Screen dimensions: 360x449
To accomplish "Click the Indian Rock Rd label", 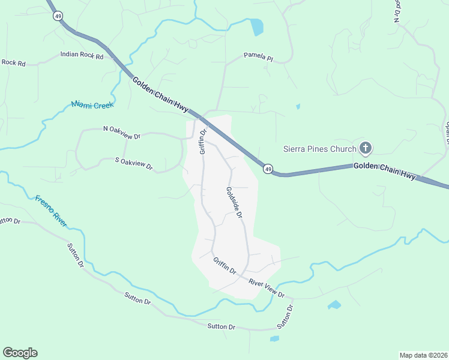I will pyautogui.click(x=82, y=55).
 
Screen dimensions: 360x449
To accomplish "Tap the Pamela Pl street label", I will pyautogui.click(x=258, y=58).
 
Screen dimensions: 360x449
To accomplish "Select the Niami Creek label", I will pyautogui.click(x=92, y=104).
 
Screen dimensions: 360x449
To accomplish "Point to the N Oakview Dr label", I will pyautogui.click(x=122, y=132).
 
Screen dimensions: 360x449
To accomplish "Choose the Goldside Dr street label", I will pyautogui.click(x=234, y=202).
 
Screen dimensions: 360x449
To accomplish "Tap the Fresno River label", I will pyautogui.click(x=51, y=212).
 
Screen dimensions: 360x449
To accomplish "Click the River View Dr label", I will pyautogui.click(x=267, y=287).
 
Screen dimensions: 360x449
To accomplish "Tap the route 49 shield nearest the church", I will pyautogui.click(x=268, y=169).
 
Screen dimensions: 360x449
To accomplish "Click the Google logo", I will pyautogui.click(x=20, y=353).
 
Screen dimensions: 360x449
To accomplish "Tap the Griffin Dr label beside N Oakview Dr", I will pyautogui.click(x=203, y=141).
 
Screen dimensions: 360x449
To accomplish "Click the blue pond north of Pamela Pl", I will pyautogui.click(x=257, y=27).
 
